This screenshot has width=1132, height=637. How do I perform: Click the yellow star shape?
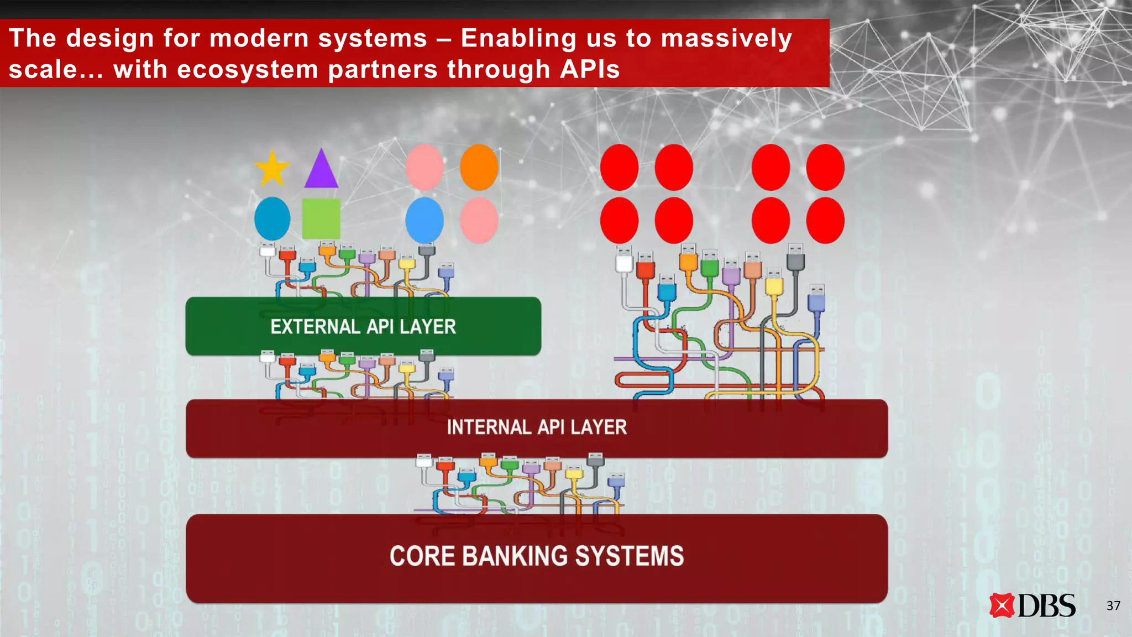(271, 169)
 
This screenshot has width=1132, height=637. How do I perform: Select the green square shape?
(321, 219)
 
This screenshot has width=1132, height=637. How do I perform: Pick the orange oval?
(479, 168)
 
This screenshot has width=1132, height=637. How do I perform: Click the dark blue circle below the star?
(272, 219)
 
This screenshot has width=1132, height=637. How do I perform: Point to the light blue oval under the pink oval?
(424, 220)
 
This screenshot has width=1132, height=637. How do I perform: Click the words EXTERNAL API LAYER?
(363, 327)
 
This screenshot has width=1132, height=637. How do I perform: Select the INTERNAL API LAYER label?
(536, 427)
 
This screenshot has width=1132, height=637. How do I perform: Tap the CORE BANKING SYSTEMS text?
(536, 556)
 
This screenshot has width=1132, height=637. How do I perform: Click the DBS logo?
(1032, 605)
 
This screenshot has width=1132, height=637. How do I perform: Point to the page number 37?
(1113, 606)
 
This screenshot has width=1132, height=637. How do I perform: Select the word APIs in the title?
(589, 70)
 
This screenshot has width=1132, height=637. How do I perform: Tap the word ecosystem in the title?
(247, 70)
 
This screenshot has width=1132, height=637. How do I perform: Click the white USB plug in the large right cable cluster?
(624, 260)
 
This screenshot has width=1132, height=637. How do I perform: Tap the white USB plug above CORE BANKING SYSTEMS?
(424, 461)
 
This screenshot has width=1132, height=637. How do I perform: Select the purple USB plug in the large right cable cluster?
(731, 272)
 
